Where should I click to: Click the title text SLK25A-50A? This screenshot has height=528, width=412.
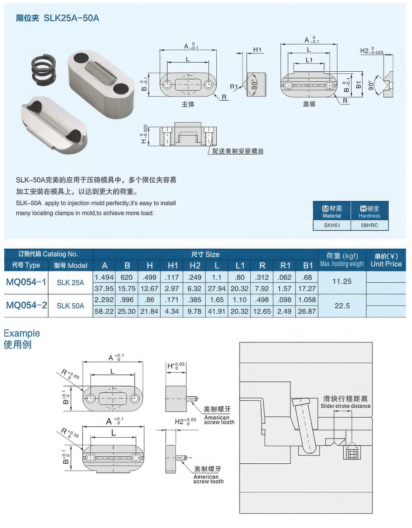point(72,18)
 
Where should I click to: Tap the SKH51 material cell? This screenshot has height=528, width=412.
point(332,225)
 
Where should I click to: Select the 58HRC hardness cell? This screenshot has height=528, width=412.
point(369,225)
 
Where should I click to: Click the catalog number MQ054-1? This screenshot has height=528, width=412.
point(26,282)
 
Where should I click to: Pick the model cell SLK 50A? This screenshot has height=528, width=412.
point(70,306)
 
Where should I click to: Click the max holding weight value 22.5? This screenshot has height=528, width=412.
point(342,306)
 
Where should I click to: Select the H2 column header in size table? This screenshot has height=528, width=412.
point(195,265)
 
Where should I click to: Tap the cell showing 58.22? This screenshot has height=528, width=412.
point(104,311)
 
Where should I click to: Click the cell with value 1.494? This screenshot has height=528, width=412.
point(104,277)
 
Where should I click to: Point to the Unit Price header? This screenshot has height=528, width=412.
point(386,264)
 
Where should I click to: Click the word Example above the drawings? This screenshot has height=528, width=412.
point(22,333)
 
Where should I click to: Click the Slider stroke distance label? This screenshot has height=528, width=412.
point(345,406)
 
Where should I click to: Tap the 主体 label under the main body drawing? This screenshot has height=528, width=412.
point(188,104)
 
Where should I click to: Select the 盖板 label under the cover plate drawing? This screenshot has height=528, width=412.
point(309,104)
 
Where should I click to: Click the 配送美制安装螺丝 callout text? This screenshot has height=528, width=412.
point(238,151)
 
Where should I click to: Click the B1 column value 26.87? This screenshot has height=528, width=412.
point(307,311)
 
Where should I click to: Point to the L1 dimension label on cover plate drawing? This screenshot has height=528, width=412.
point(309,60)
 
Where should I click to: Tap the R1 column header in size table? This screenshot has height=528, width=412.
point(285,265)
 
